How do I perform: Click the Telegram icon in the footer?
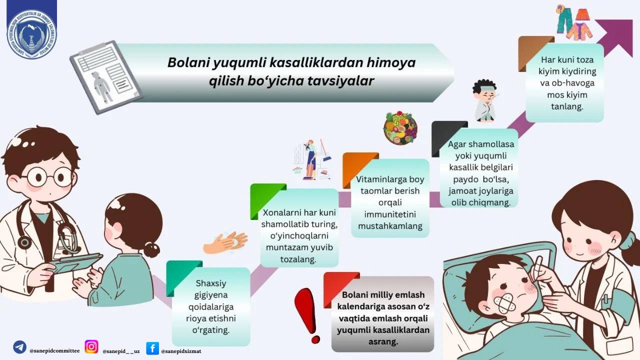(20, 347)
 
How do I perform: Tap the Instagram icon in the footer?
(91, 346)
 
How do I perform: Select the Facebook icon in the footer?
(152, 348)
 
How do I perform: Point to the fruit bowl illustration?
(400, 128)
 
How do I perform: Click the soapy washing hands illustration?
(225, 242)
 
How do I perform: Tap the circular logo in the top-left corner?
(31, 34)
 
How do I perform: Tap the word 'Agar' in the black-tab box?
(457, 144)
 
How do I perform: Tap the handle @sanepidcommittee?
(54, 351)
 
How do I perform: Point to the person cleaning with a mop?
(311, 159)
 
